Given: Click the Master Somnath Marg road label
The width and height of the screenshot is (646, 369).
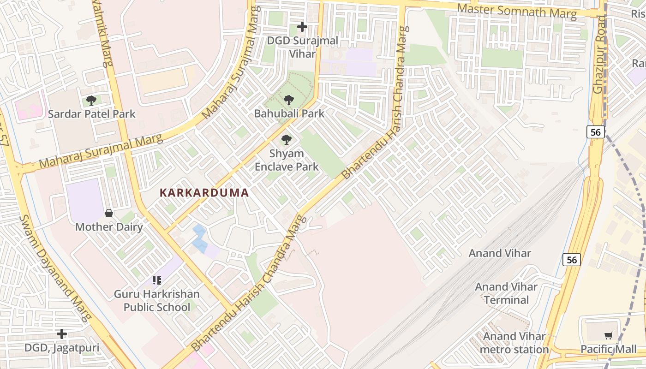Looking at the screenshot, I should (x=517, y=11).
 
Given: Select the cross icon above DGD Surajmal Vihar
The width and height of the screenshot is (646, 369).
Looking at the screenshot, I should (x=302, y=27).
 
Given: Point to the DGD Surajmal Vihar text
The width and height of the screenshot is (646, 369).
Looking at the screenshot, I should (x=302, y=47).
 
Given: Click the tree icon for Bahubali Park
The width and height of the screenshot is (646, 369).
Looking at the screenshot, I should (x=289, y=100).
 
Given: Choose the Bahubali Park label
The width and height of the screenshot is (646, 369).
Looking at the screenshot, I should (x=289, y=113).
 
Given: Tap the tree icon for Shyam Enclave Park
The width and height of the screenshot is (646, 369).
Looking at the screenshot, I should (x=287, y=139).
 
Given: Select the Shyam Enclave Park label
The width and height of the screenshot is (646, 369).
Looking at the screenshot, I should (x=287, y=160).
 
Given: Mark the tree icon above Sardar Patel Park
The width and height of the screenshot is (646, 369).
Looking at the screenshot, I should (x=91, y=100).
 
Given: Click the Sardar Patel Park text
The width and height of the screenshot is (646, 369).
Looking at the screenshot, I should (x=91, y=114).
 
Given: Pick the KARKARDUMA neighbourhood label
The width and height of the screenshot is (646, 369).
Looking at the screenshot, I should (x=204, y=193).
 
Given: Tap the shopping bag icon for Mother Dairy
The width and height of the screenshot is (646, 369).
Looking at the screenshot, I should (x=109, y=213).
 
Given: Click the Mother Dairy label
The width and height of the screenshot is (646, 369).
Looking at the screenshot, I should (x=109, y=227).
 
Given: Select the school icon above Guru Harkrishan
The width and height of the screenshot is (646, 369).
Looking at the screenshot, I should (x=157, y=280).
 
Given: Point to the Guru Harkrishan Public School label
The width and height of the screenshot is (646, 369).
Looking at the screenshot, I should (x=157, y=301).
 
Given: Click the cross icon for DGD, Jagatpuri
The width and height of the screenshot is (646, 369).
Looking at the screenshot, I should (x=62, y=333).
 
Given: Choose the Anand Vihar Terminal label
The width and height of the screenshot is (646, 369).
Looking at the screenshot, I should (x=506, y=293).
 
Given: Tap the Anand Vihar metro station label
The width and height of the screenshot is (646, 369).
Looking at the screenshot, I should (x=514, y=343).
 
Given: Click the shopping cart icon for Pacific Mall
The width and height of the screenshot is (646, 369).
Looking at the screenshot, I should (x=609, y=335).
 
